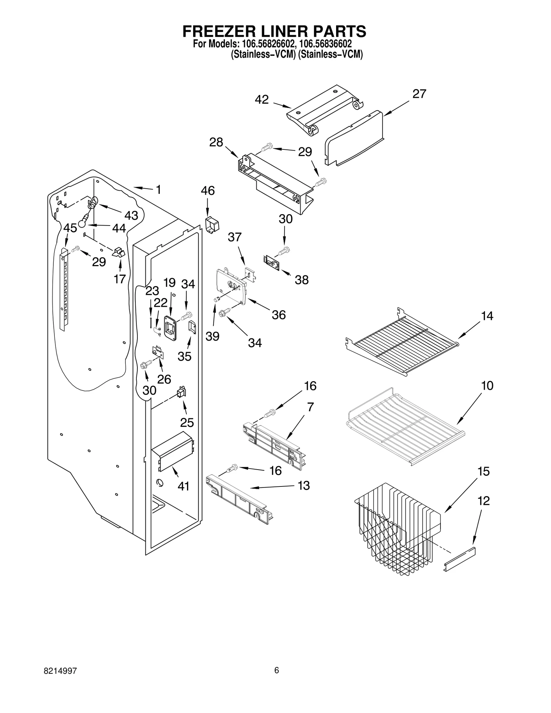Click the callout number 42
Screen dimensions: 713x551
tap(261, 99)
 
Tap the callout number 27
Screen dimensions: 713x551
tap(419, 94)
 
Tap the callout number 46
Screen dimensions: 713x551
tap(208, 191)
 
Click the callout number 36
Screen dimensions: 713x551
tap(279, 315)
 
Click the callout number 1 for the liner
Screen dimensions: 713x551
tap(158, 190)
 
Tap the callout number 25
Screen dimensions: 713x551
tap(187, 422)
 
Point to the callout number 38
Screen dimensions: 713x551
tap(302, 280)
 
